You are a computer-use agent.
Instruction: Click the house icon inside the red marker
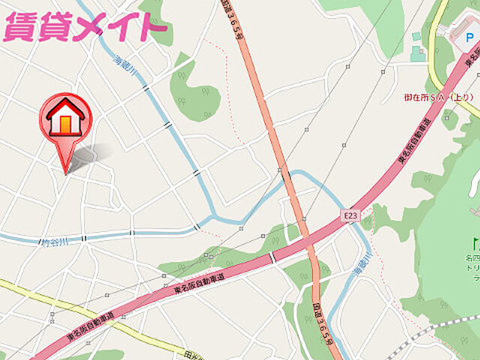(x=66, y=118)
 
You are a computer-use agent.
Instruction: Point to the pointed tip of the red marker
(x=66, y=172)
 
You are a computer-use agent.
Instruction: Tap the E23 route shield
(x=349, y=216)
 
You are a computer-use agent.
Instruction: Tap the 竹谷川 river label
(x=54, y=242)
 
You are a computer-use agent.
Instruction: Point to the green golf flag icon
(x=475, y=243)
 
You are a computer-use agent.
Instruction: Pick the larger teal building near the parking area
(x=417, y=52)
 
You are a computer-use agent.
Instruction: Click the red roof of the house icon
(x=66, y=107)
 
